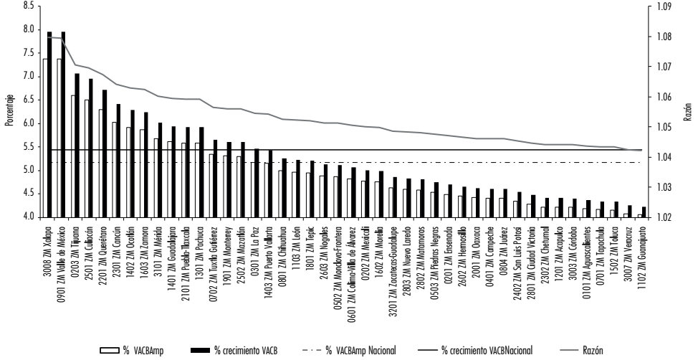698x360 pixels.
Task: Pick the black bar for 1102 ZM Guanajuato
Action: coord(643,212)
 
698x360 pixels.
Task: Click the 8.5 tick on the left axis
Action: coord(29,6)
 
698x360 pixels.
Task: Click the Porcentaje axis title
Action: coord(9,111)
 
